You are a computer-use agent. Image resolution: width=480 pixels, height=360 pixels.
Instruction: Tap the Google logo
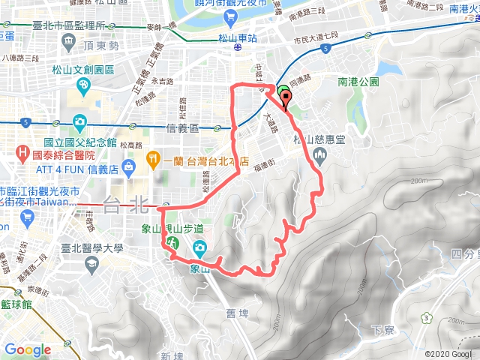[28, 349]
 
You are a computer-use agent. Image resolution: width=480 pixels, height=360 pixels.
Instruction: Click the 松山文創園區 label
[83, 70]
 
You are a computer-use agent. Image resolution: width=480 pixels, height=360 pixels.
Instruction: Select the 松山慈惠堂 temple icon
[319, 155]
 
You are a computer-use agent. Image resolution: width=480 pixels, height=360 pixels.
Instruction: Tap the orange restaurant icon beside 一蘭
[152, 157]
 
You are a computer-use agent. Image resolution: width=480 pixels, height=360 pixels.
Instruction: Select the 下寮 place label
[382, 330]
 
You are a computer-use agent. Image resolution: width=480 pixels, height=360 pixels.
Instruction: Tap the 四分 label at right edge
[466, 254]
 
